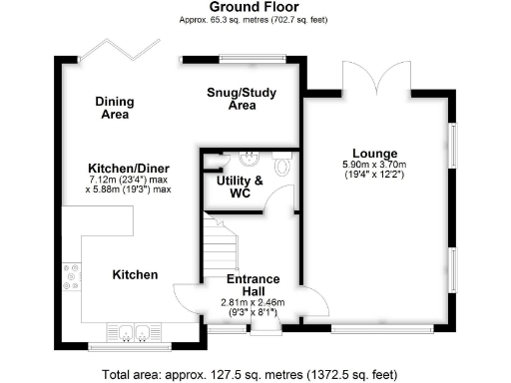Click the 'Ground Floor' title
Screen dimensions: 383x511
[x=255, y=7]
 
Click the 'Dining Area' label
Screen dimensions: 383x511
[x=116, y=108]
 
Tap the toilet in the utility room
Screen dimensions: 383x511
[x=283, y=164]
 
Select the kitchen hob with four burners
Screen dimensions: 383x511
[x=72, y=277]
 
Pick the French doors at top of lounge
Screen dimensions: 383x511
[x=374, y=75]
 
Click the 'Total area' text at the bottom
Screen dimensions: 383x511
[x=255, y=374]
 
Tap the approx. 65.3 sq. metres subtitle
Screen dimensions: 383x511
[x=255, y=20]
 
